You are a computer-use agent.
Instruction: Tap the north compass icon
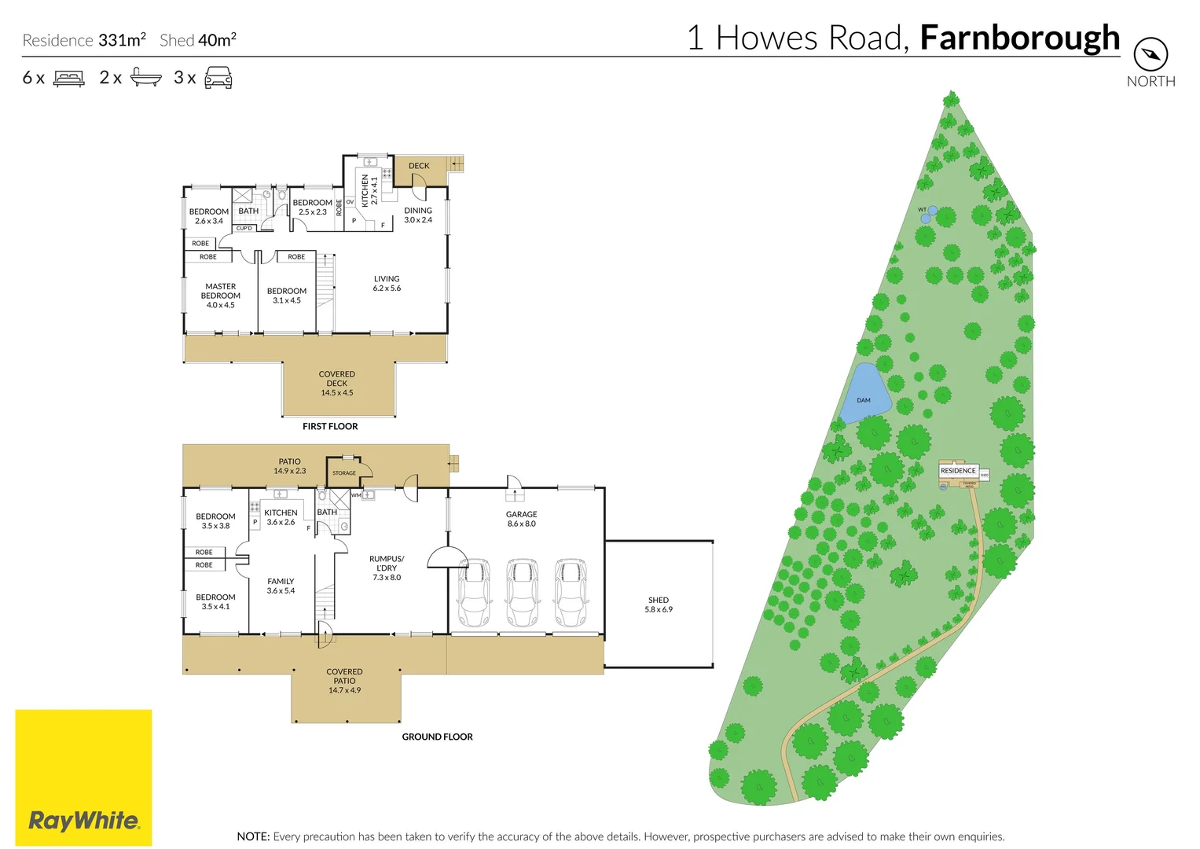1150,54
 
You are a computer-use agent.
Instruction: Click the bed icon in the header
69,79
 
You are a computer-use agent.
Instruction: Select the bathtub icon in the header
145,78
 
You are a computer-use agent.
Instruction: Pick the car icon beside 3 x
218,78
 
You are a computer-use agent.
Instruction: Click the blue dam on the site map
866,391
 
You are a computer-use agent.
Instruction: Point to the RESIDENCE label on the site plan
958,471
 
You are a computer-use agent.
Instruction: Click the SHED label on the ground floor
659,600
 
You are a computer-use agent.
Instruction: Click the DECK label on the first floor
419,166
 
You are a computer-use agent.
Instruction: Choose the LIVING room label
387,279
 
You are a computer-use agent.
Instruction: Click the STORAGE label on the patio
344,473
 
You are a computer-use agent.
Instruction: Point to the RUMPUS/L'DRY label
387,564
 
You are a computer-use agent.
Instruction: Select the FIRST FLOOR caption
330,426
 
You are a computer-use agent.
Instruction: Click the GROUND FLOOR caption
437,737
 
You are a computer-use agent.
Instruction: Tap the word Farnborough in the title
1019,38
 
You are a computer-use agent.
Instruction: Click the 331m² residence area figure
122,40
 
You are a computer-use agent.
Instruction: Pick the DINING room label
418,211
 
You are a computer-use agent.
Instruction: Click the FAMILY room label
281,582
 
